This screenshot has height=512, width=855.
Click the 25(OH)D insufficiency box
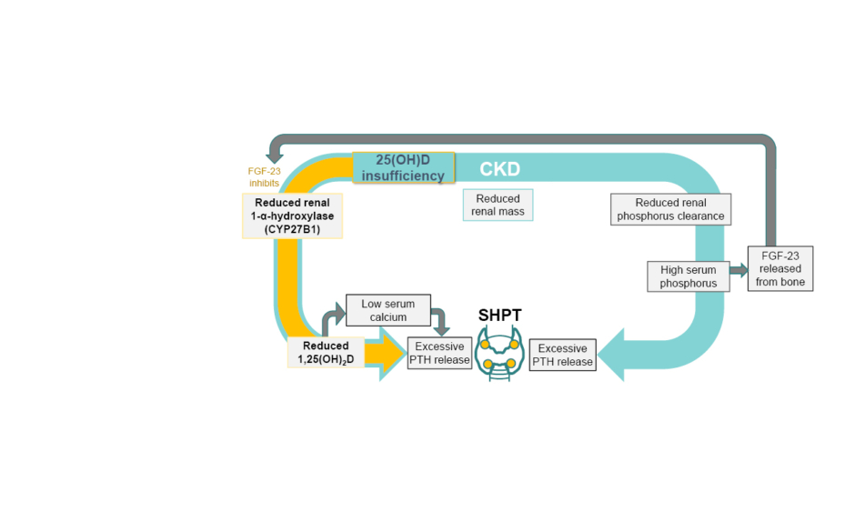[403, 167]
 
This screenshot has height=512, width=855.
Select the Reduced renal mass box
[497, 206]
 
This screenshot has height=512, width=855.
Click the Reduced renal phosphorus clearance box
[670, 209]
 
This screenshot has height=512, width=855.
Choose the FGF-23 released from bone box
[780, 268]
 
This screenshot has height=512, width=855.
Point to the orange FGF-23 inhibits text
[264, 176]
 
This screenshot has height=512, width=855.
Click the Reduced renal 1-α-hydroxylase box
[292, 216]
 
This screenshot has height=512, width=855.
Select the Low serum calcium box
[388, 310]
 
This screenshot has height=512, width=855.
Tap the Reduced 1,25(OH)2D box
[327, 353]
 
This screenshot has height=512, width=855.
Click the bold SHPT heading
[499, 315]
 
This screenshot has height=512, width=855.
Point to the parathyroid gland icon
[499, 356]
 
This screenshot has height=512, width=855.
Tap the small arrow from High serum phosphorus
[737, 269]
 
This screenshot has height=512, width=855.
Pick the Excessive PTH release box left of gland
[439, 353]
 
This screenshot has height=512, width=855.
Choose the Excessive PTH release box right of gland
[562, 355]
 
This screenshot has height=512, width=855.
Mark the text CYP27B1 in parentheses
[292, 229]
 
